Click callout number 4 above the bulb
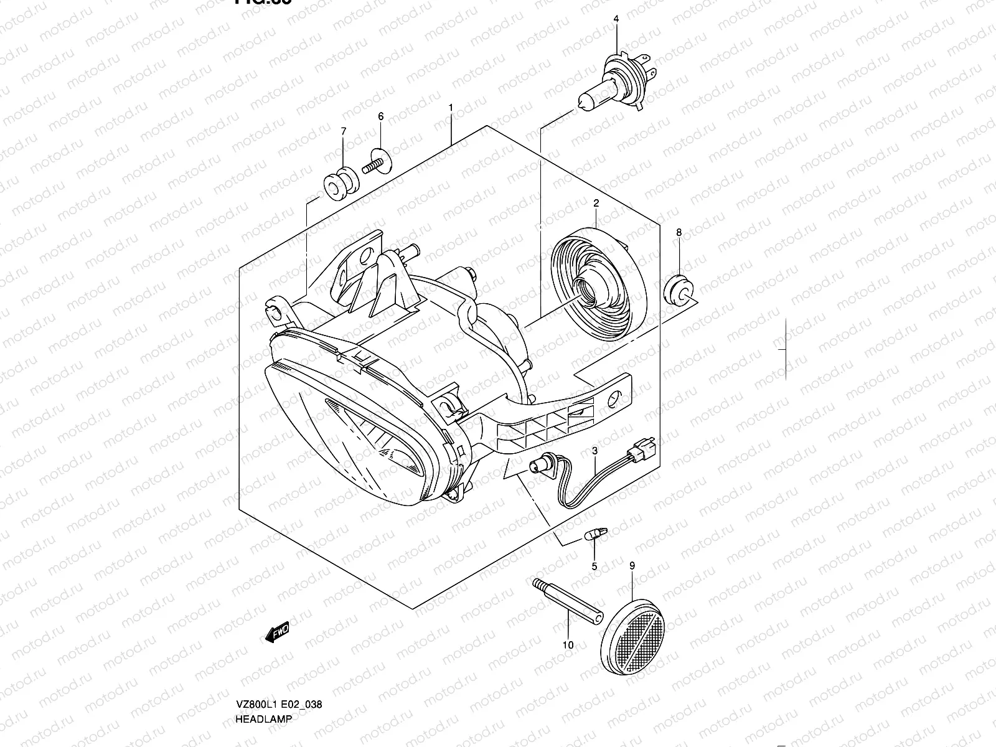pyautogui.click(x=616, y=19)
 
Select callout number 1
pyautogui.click(x=467, y=108)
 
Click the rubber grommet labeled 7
pyautogui.click(x=341, y=184)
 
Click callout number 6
pyautogui.click(x=380, y=116)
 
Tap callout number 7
pyautogui.click(x=342, y=131)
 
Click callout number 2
pyautogui.click(x=596, y=203)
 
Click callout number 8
pyautogui.click(x=679, y=233)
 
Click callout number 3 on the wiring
pyautogui.click(x=595, y=450)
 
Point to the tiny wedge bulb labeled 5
pyautogui.click(x=595, y=533)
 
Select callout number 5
pyautogui.click(x=594, y=566)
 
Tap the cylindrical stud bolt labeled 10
pyautogui.click(x=568, y=600)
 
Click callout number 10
pyautogui.click(x=568, y=645)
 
